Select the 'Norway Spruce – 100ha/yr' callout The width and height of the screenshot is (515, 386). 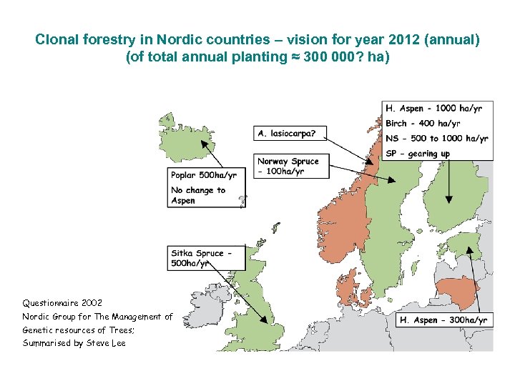[x=288, y=166]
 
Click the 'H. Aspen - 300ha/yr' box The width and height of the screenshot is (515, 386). [x=444, y=320]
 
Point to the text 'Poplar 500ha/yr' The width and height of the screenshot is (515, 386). [x=204, y=175]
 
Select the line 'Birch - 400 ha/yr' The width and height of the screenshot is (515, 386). [x=422, y=124]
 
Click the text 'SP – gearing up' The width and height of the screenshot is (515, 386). [x=418, y=154]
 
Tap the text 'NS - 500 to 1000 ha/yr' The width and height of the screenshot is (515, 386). [x=436, y=139]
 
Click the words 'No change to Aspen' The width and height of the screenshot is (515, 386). [x=197, y=195]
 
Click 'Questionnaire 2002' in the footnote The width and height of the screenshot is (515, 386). [x=62, y=303]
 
